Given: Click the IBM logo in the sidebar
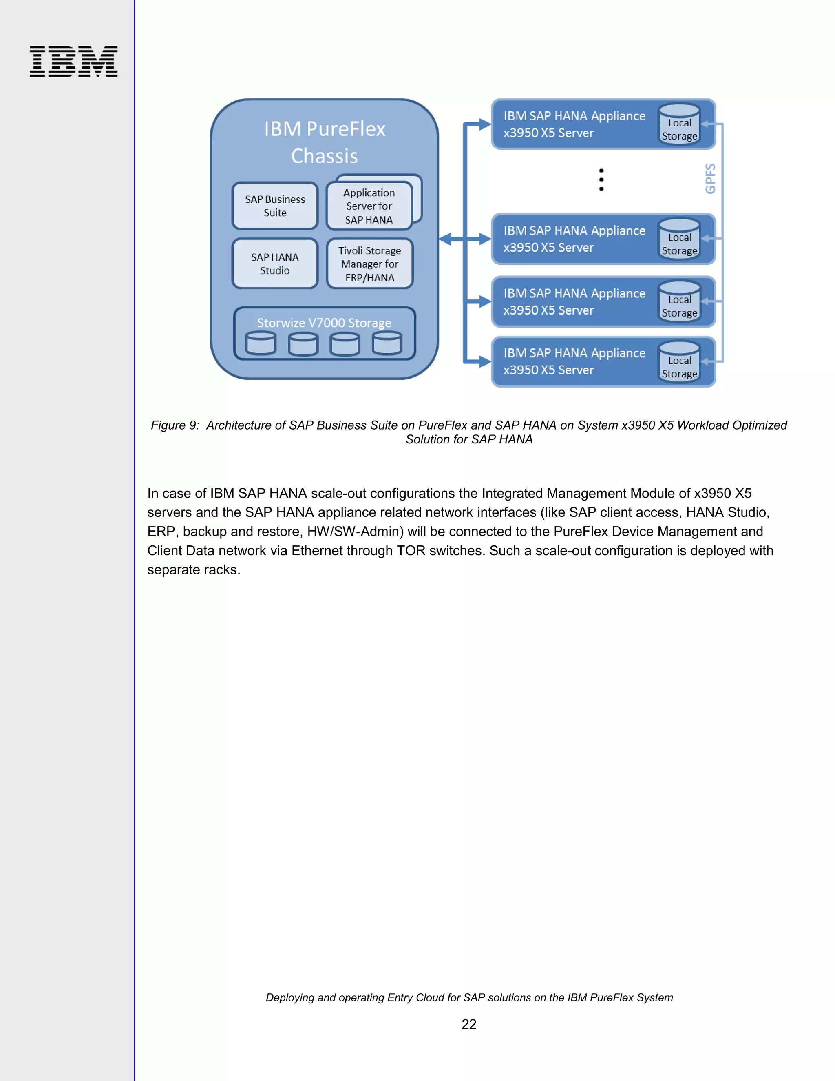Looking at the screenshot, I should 73,61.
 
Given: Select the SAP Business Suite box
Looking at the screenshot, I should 275,206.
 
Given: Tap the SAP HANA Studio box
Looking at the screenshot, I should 275,264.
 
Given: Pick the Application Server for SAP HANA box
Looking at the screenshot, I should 369,206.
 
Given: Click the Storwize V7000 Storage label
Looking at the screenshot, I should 324,323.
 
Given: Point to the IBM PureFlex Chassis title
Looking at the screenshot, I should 325,142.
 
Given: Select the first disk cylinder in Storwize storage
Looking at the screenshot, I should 261,343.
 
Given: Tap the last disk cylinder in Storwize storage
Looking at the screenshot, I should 387,343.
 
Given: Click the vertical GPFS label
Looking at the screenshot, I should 710,179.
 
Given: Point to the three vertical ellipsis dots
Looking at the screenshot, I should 601,179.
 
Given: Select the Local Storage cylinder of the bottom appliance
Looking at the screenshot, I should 679,362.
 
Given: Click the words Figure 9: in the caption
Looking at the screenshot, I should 175,425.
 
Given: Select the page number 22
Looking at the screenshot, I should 468,1024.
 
